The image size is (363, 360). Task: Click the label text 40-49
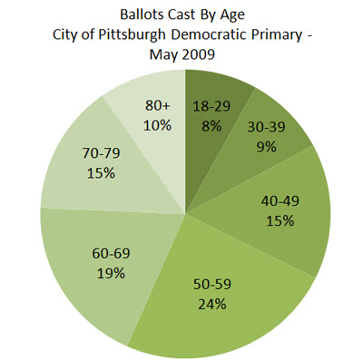pos(280,201)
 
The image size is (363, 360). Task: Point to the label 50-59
pos(212,284)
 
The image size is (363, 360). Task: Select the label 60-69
pos(111,253)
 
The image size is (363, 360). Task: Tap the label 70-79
pos(101,153)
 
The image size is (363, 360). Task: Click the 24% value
pos(212,304)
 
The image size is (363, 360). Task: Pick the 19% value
pos(111,274)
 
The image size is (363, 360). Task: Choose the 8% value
pos(211,126)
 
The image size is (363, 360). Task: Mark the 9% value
pos(267,147)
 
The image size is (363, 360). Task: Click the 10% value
pos(157,125)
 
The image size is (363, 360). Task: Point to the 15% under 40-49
pos(280,221)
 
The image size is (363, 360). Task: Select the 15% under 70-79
pos(101,173)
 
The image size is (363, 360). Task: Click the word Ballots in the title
pos(141,15)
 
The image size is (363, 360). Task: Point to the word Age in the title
pos(233,15)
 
